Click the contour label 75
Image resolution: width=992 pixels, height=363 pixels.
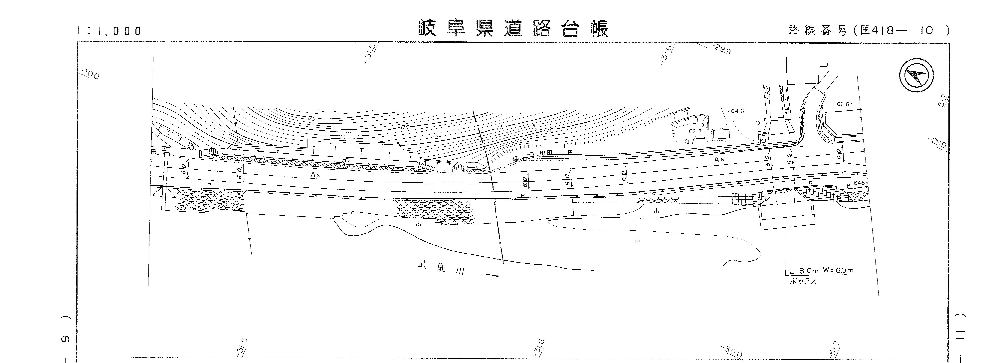click(x=500, y=127)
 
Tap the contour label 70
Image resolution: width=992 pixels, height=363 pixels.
click(x=549, y=131)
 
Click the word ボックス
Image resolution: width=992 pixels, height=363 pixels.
click(x=803, y=281)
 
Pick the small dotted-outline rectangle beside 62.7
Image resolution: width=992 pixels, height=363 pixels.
click(x=721, y=134)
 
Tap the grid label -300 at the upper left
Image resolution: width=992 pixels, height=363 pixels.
click(x=89, y=74)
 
